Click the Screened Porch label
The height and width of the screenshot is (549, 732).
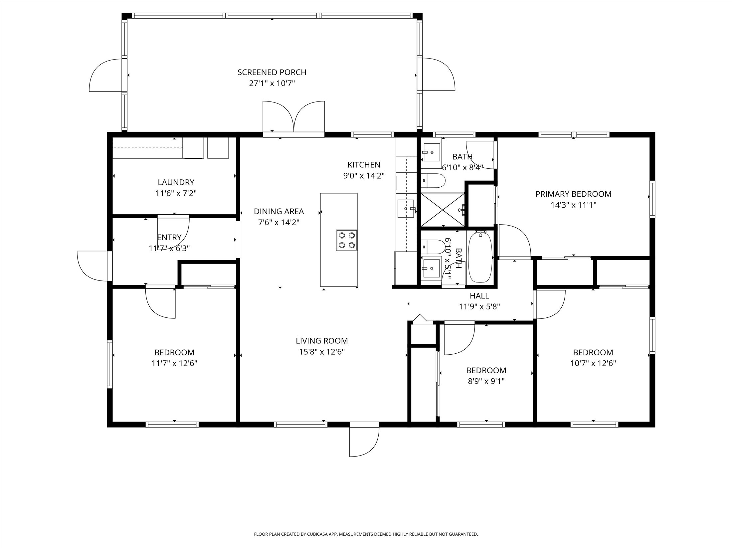click(x=272, y=72)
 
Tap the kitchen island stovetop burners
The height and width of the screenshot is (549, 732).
click(x=346, y=240)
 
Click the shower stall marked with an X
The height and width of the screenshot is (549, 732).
click(x=442, y=209)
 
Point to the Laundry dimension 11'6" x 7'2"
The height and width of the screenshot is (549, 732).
click(x=176, y=193)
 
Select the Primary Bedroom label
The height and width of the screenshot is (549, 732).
click(x=573, y=194)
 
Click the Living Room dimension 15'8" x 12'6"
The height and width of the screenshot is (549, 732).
click(x=322, y=352)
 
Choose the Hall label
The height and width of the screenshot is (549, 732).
click(x=479, y=295)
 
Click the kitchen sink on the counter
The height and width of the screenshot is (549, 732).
click(x=406, y=208)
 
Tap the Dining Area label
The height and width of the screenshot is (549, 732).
click(x=279, y=211)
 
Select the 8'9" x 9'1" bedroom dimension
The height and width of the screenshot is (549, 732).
click(x=486, y=381)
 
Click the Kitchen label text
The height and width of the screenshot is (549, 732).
click(x=364, y=165)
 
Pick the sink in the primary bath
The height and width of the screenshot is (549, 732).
click(x=431, y=152)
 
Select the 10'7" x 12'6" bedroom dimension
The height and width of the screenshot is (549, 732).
click(x=593, y=363)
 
